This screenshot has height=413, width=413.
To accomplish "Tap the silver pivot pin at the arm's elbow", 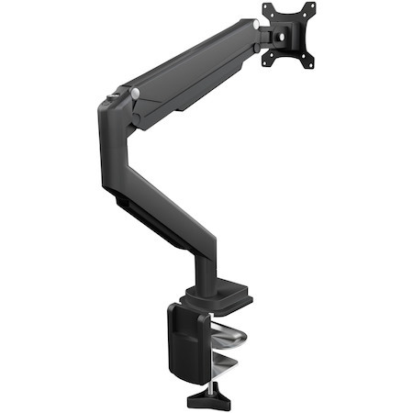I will [x=135, y=94].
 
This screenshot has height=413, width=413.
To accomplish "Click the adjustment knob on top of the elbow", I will [x=116, y=93].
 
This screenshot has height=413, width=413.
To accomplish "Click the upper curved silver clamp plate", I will [x=229, y=336].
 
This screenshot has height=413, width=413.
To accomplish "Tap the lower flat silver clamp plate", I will [x=229, y=367].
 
